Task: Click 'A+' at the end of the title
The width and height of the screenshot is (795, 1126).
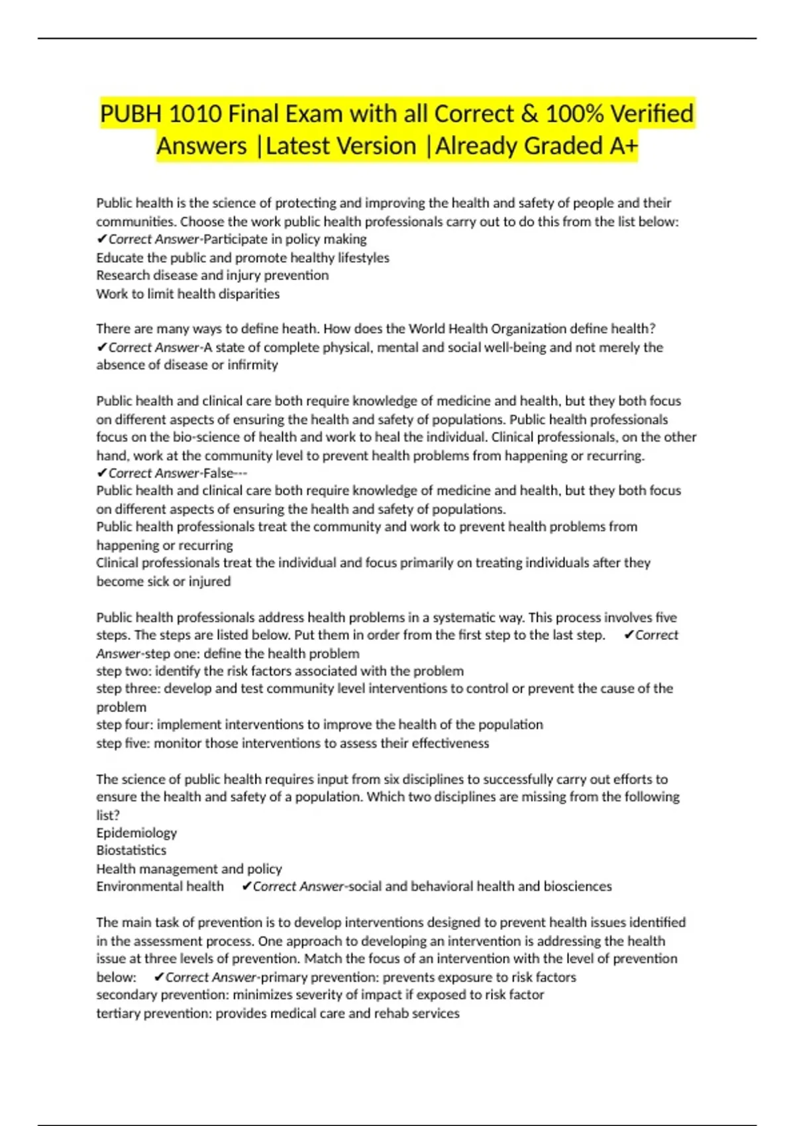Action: [x=623, y=146]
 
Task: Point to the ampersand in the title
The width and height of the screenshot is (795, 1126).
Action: [x=529, y=114]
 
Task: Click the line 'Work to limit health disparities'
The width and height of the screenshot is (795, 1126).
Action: [x=187, y=293]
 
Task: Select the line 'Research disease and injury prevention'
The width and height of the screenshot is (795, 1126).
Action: [x=212, y=276]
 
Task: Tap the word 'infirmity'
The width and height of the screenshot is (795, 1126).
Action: [x=252, y=365]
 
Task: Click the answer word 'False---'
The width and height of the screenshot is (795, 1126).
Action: [x=225, y=473]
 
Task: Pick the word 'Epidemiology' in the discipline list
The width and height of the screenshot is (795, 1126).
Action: [x=136, y=833]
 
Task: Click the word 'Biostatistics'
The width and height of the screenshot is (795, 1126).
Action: [x=131, y=850]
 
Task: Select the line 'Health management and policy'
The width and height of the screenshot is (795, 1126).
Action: [x=189, y=868]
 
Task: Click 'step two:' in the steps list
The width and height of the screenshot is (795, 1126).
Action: [x=124, y=671]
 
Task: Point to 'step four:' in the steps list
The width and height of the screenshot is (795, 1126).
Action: [x=125, y=725]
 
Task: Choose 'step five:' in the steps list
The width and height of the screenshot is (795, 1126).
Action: [x=124, y=743]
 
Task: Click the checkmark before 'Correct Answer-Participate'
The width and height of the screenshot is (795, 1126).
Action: [x=101, y=239]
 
